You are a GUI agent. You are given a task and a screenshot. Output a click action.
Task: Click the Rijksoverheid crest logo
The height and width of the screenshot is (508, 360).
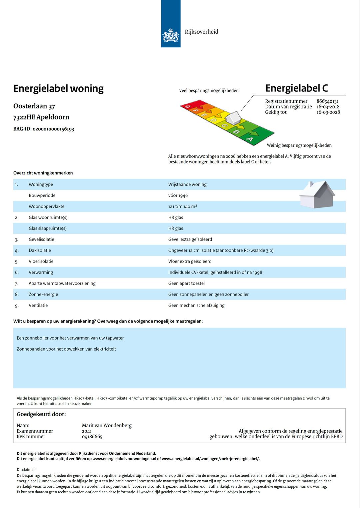(171, 35)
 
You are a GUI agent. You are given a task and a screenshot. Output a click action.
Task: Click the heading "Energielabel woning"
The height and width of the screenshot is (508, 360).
(58, 89)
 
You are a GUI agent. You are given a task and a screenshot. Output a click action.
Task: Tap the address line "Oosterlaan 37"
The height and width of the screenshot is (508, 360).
(34, 106)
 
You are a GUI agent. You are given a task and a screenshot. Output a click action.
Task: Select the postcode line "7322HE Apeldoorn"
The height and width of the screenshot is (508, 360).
(41, 117)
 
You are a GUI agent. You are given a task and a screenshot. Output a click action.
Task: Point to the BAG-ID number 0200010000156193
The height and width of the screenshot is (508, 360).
(53, 129)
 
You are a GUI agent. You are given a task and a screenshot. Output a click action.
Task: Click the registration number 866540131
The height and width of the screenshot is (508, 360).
(327, 101)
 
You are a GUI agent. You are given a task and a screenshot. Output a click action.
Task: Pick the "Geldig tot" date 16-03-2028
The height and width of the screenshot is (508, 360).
(328, 112)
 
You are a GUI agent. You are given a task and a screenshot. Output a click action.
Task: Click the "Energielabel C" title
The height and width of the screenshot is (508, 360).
(296, 88)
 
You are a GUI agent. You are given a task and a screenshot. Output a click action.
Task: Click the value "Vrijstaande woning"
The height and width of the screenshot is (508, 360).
(187, 184)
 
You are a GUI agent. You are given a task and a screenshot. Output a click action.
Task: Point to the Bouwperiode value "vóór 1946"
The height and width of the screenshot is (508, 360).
(178, 195)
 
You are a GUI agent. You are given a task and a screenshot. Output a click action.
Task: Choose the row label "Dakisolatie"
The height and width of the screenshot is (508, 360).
(40, 250)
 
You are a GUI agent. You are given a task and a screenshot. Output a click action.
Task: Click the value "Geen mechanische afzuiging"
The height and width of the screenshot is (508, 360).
(196, 306)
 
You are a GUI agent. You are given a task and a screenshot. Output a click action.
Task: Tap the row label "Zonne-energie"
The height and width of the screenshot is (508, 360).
(43, 295)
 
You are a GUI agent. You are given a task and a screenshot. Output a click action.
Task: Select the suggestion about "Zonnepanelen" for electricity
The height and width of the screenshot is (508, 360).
(66, 349)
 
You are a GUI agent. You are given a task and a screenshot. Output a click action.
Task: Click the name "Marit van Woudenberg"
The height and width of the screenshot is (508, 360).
(107, 426)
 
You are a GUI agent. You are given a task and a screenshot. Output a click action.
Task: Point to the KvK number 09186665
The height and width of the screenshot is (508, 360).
(92, 437)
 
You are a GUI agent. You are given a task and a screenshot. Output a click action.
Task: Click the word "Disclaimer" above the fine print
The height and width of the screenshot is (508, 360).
(26, 470)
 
